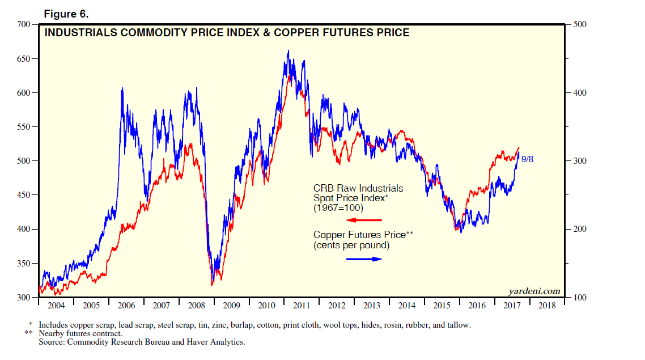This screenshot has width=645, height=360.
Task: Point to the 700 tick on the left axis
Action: pyautogui.click(x=23, y=24)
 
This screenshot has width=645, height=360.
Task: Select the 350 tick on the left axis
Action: pyautogui.click(x=23, y=264)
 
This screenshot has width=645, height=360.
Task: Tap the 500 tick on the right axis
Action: pyautogui.click(x=580, y=24)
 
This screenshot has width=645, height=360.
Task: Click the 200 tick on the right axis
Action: pyautogui.click(x=580, y=229)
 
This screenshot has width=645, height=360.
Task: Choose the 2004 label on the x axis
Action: pyautogui.click(x=56, y=306)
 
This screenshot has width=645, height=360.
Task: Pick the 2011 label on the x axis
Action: pyautogui.click(x=301, y=306)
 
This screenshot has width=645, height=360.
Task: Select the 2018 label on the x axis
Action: pyautogui.click(x=547, y=306)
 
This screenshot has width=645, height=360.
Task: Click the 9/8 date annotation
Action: pyautogui.click(x=527, y=159)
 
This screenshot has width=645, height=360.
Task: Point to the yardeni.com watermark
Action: pyautogui.click(x=534, y=291)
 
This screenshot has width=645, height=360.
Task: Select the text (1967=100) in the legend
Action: pyautogui.click(x=338, y=208)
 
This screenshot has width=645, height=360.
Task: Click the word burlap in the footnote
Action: pyautogui.click(x=242, y=325)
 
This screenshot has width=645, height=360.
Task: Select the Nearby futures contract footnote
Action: pyautogui.click(x=80, y=334)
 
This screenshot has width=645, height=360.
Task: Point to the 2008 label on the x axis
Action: pyautogui.click(x=196, y=306)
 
